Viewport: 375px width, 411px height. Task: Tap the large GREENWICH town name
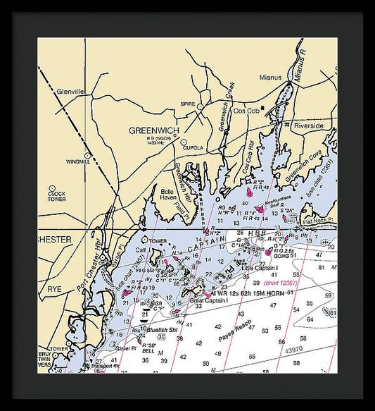[x=154, y=131]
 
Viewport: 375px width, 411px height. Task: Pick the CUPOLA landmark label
[x=193, y=148]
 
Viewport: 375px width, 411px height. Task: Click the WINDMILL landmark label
[x=78, y=161]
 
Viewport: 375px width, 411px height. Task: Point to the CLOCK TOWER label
[x=57, y=196]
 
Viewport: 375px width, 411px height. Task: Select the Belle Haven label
[x=167, y=195]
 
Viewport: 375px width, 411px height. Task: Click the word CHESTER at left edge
[x=55, y=240]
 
